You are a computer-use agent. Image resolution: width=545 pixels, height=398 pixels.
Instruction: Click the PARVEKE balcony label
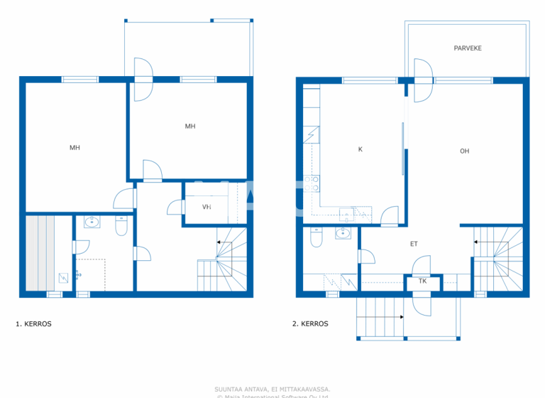coord(468,48)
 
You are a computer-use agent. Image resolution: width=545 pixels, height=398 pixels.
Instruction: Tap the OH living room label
coord(464,151)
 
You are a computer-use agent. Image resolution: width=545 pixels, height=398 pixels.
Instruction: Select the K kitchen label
coord(360,149)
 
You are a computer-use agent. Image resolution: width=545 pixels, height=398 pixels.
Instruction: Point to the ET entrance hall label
coord(414,244)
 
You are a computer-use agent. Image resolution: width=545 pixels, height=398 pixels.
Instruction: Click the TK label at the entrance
coord(423,281)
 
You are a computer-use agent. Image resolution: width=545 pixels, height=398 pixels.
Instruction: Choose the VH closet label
coord(207,208)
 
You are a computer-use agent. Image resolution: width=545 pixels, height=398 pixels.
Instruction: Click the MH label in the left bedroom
coord(75,148)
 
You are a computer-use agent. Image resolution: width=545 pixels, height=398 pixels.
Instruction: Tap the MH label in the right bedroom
coord(190,127)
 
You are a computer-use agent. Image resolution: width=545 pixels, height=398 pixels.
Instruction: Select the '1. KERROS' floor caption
coord(33,324)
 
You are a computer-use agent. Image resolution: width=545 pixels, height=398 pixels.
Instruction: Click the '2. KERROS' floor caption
coord(310,324)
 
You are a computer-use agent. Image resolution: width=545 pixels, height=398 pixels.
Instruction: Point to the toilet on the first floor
coord(121,226)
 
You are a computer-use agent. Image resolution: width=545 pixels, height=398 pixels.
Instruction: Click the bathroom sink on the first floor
coord(92,223)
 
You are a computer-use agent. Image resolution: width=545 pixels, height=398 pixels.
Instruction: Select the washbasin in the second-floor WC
coord(344,233)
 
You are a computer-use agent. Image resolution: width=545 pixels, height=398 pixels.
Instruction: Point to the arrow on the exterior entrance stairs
coord(380,317)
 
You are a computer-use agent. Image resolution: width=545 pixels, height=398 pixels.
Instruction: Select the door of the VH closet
coord(173,208)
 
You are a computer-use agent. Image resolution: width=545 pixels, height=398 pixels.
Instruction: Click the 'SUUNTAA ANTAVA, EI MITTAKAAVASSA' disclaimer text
coord(272,389)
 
